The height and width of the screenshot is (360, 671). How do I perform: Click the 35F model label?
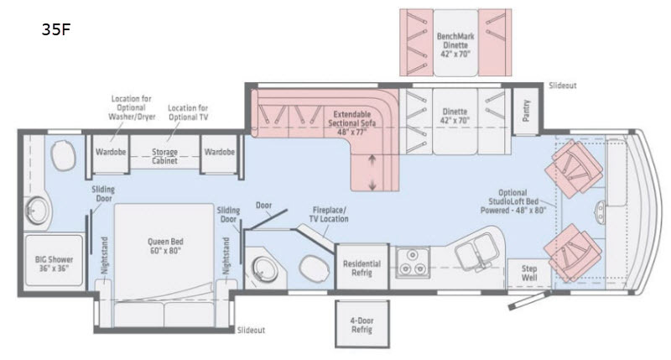(x=55, y=31)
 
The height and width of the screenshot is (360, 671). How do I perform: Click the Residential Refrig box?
(x=362, y=267)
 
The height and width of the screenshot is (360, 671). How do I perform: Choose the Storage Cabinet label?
(x=164, y=157)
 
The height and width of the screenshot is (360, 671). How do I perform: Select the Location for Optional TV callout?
(x=188, y=113)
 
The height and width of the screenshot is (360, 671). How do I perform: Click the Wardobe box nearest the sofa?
(x=219, y=153)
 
